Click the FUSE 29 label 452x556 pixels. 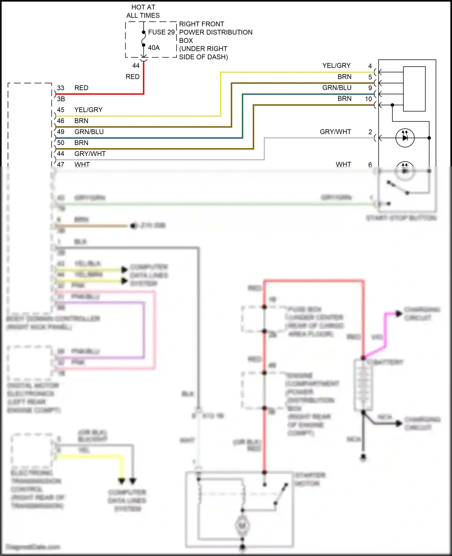(x=161, y=32)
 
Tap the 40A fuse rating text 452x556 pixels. (x=154, y=48)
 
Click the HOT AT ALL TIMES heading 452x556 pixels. (x=143, y=11)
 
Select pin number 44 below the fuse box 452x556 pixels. (x=136, y=66)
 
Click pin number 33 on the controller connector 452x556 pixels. (x=61, y=88)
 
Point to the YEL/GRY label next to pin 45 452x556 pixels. (x=88, y=110)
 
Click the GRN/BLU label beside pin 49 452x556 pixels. (x=89, y=132)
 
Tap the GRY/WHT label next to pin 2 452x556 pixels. (x=335, y=132)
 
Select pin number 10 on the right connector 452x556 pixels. (x=368, y=99)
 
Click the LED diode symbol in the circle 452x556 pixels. (x=405, y=138)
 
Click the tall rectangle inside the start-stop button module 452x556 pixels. (x=414, y=89)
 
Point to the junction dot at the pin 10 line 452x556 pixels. (x=392, y=105)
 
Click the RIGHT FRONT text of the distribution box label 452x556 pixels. (x=202, y=24)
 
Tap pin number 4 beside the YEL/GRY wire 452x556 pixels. (x=370, y=66)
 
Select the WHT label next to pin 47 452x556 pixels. (x=82, y=164)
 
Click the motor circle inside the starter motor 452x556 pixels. (x=242, y=526)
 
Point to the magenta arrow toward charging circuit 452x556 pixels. (x=398, y=314)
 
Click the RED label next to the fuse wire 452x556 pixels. (x=132, y=77)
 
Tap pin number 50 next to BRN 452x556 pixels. (x=61, y=143)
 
